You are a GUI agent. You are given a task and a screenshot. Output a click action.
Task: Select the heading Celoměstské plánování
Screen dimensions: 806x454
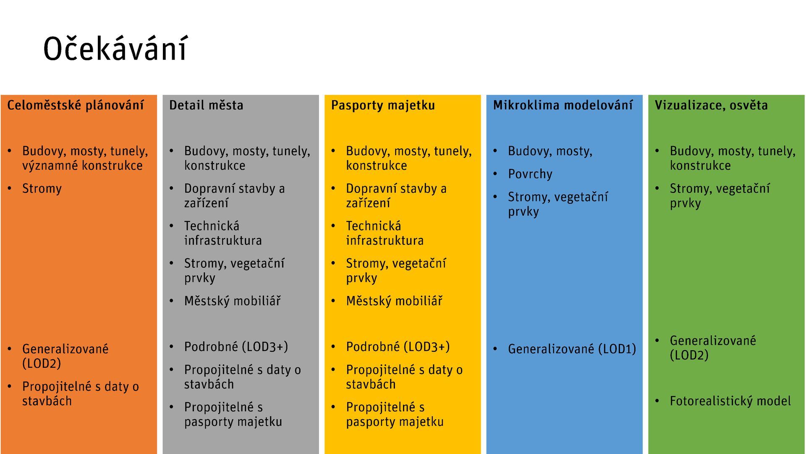(76, 105)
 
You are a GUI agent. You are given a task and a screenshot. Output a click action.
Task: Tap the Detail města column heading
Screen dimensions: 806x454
(206, 105)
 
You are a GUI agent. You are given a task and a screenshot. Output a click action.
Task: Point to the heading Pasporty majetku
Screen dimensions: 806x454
(383, 105)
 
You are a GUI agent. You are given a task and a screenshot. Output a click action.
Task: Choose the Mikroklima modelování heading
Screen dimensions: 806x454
(563, 105)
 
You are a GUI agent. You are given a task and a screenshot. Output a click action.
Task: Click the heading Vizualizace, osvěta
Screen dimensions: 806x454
(711, 105)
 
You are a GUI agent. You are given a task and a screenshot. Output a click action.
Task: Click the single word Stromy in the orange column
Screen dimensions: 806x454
(42, 189)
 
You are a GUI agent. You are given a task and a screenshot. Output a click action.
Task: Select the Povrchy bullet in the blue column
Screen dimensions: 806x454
(530, 174)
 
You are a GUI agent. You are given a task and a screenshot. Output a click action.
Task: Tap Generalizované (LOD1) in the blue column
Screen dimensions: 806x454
(572, 349)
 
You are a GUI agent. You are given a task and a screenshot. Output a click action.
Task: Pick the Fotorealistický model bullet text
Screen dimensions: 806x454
(730, 401)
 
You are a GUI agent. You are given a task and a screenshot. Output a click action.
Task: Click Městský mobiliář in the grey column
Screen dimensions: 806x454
(232, 301)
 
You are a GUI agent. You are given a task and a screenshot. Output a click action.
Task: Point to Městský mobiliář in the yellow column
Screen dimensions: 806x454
(394, 301)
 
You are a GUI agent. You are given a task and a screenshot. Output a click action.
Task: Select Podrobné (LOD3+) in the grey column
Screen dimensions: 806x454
(236, 347)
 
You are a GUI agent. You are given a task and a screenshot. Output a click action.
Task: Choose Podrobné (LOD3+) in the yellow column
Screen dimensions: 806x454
(398, 347)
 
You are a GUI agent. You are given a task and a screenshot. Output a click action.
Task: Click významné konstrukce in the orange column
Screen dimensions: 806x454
(82, 166)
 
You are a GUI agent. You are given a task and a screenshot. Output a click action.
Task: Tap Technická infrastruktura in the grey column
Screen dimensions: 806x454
(223, 233)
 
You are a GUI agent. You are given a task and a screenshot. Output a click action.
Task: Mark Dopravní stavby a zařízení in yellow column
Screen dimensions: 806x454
(396, 195)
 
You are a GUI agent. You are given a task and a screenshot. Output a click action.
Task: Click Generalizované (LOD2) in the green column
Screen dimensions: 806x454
(713, 348)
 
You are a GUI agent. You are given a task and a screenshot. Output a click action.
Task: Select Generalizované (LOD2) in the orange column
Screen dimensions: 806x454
(65, 356)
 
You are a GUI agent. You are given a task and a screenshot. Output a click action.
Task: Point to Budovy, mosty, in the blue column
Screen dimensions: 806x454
(550, 151)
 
